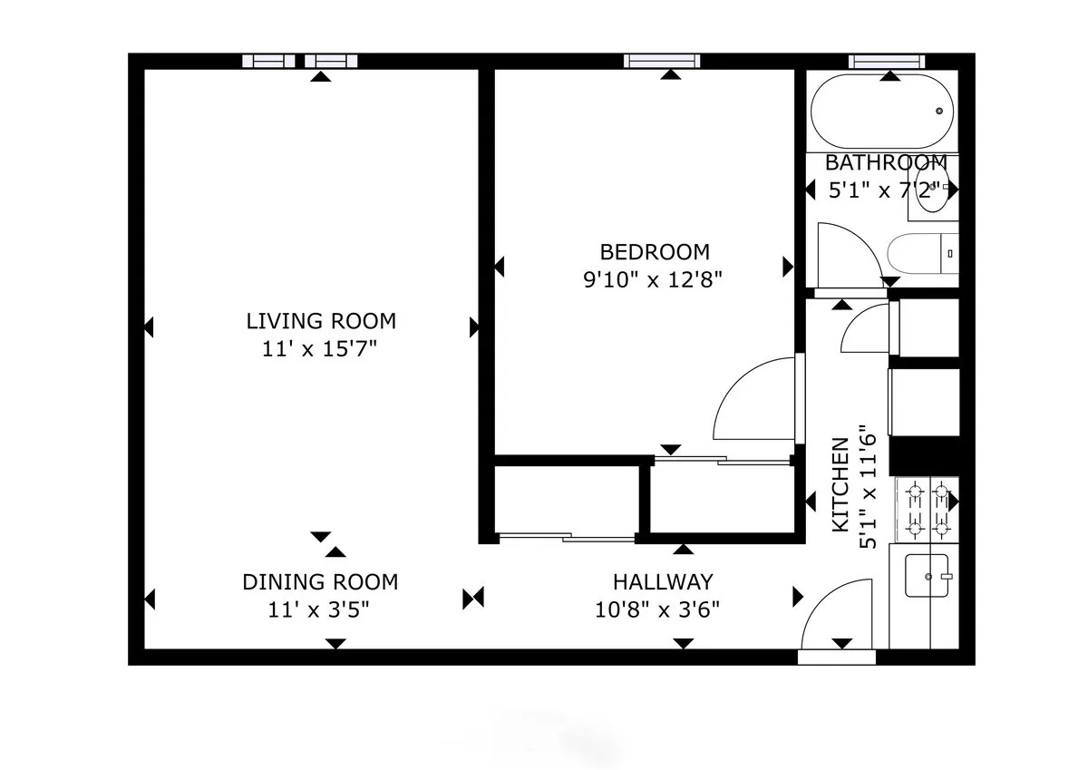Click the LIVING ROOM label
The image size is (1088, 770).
point(321,321)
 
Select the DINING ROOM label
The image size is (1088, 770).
point(320,582)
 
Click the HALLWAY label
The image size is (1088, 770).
point(663,581)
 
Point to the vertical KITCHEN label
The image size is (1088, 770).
point(840,485)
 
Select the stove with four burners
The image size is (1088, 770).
point(927,510)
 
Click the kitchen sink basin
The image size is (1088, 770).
point(927,575)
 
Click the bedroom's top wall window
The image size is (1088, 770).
point(662,61)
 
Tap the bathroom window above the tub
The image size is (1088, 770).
point(888,61)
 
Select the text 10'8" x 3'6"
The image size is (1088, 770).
point(657,609)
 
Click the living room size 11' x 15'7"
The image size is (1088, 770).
point(320,348)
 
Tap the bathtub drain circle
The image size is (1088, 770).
point(939,111)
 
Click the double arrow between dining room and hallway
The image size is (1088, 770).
point(473,598)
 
